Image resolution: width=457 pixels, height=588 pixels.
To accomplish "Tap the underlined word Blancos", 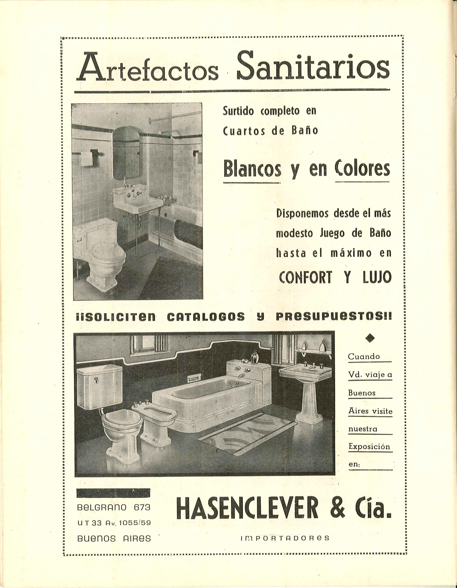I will click(252, 170).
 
